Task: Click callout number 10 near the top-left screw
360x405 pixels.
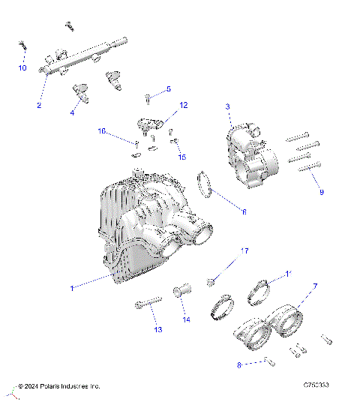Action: [22, 68]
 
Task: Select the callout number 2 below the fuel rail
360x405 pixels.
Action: [38, 105]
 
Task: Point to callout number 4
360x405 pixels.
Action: [72, 113]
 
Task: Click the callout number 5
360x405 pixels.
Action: [169, 88]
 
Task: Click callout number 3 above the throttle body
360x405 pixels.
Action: [227, 107]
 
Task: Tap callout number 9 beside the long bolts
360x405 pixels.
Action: [322, 192]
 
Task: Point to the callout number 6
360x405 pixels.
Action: [243, 212]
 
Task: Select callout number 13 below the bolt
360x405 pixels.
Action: [158, 329]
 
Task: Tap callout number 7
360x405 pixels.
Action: [315, 286]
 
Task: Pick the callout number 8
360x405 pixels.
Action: [239, 365]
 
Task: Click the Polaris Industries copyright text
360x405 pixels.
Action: [60, 386]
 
